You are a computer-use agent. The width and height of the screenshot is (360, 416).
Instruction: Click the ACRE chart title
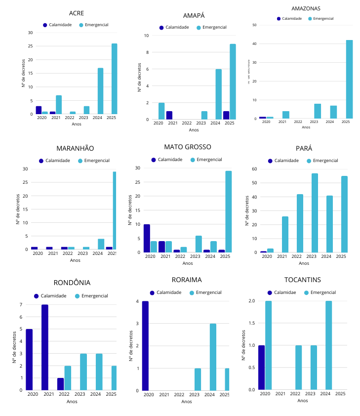coord(77,13)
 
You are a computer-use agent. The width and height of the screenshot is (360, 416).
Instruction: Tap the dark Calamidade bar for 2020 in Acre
coord(39,110)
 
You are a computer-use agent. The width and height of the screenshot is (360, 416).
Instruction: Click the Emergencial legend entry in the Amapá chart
coord(211,27)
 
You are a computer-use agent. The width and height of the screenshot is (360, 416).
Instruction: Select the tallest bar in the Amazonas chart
coord(349,80)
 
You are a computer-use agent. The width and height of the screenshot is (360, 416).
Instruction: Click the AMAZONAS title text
coord(306,8)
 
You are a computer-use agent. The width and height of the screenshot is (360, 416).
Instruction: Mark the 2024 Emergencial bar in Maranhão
coord(101,244)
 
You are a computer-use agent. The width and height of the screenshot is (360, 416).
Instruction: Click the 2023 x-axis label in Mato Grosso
coord(195,256)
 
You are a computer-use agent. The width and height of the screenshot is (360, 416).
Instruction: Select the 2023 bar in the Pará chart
coord(315,213)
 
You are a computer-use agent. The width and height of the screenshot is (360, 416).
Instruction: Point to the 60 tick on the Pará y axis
coord(254,169)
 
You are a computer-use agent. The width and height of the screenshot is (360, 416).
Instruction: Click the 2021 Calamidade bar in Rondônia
coord(44,347)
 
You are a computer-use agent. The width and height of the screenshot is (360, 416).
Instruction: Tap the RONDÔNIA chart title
coord(72,283)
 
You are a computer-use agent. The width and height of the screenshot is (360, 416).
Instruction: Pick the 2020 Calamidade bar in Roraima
coord(145,346)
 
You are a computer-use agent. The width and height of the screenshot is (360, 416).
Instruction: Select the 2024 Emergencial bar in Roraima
coord(213,357)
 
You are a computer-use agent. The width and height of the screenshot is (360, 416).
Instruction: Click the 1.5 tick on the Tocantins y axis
coord(251,323)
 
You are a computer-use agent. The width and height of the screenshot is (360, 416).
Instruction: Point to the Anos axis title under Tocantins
coord(302,401)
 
